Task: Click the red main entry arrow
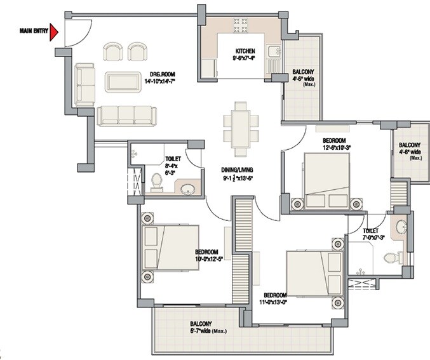tap(55, 32)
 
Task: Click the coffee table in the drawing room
tap(123, 82)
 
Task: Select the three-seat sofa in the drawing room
tap(126, 115)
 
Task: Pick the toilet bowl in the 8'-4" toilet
tap(156, 183)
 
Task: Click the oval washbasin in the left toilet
tap(187, 188)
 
